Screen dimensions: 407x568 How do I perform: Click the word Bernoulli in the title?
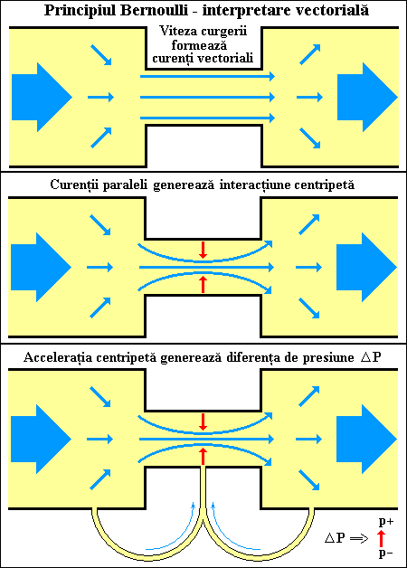[x=154, y=11]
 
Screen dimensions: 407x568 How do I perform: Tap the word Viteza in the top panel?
[x=177, y=31]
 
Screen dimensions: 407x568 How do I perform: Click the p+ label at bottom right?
[x=386, y=523]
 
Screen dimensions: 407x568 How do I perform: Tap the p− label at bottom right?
[x=385, y=554]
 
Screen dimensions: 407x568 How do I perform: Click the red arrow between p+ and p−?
[x=381, y=538]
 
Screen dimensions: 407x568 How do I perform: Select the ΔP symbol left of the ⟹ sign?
[x=335, y=538]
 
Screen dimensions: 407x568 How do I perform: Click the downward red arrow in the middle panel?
[x=203, y=250]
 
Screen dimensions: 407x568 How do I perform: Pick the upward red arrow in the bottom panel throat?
[x=203, y=456]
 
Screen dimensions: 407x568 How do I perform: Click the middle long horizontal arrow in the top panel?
[x=207, y=97]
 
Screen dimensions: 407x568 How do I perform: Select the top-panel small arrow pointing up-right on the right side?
[x=310, y=54]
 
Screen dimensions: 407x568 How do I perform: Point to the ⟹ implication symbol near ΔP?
[x=359, y=539]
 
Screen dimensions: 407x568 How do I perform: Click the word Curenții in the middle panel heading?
[x=73, y=185]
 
